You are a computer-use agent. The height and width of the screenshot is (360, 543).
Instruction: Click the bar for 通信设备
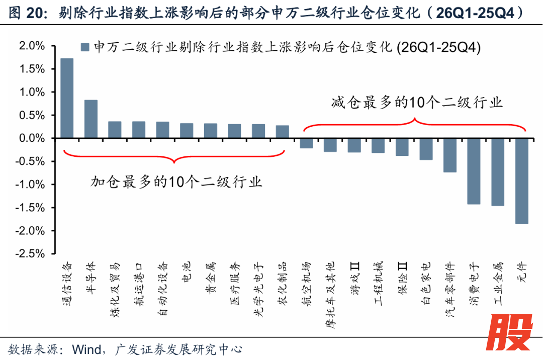[67, 98]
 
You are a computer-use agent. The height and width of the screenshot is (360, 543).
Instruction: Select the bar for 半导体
[91, 119]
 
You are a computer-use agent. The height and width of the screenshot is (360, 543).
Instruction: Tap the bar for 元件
[522, 181]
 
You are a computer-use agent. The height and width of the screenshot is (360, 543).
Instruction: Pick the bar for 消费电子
[474, 171]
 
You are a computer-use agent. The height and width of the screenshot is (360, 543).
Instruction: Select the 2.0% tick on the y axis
[31, 46]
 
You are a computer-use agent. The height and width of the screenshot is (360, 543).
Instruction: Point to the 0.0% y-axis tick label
[31, 138]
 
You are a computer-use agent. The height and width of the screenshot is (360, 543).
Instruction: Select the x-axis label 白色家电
[425, 280]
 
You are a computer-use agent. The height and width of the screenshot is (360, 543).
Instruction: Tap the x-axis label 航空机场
[306, 280]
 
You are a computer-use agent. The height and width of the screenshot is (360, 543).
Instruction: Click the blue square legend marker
[84, 47]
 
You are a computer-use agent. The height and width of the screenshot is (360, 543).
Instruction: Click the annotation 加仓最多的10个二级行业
[176, 182]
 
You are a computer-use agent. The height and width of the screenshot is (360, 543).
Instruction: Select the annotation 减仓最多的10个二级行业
[417, 103]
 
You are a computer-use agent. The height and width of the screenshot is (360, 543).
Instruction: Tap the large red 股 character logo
[509, 332]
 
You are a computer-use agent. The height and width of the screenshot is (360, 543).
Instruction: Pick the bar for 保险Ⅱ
[402, 147]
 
